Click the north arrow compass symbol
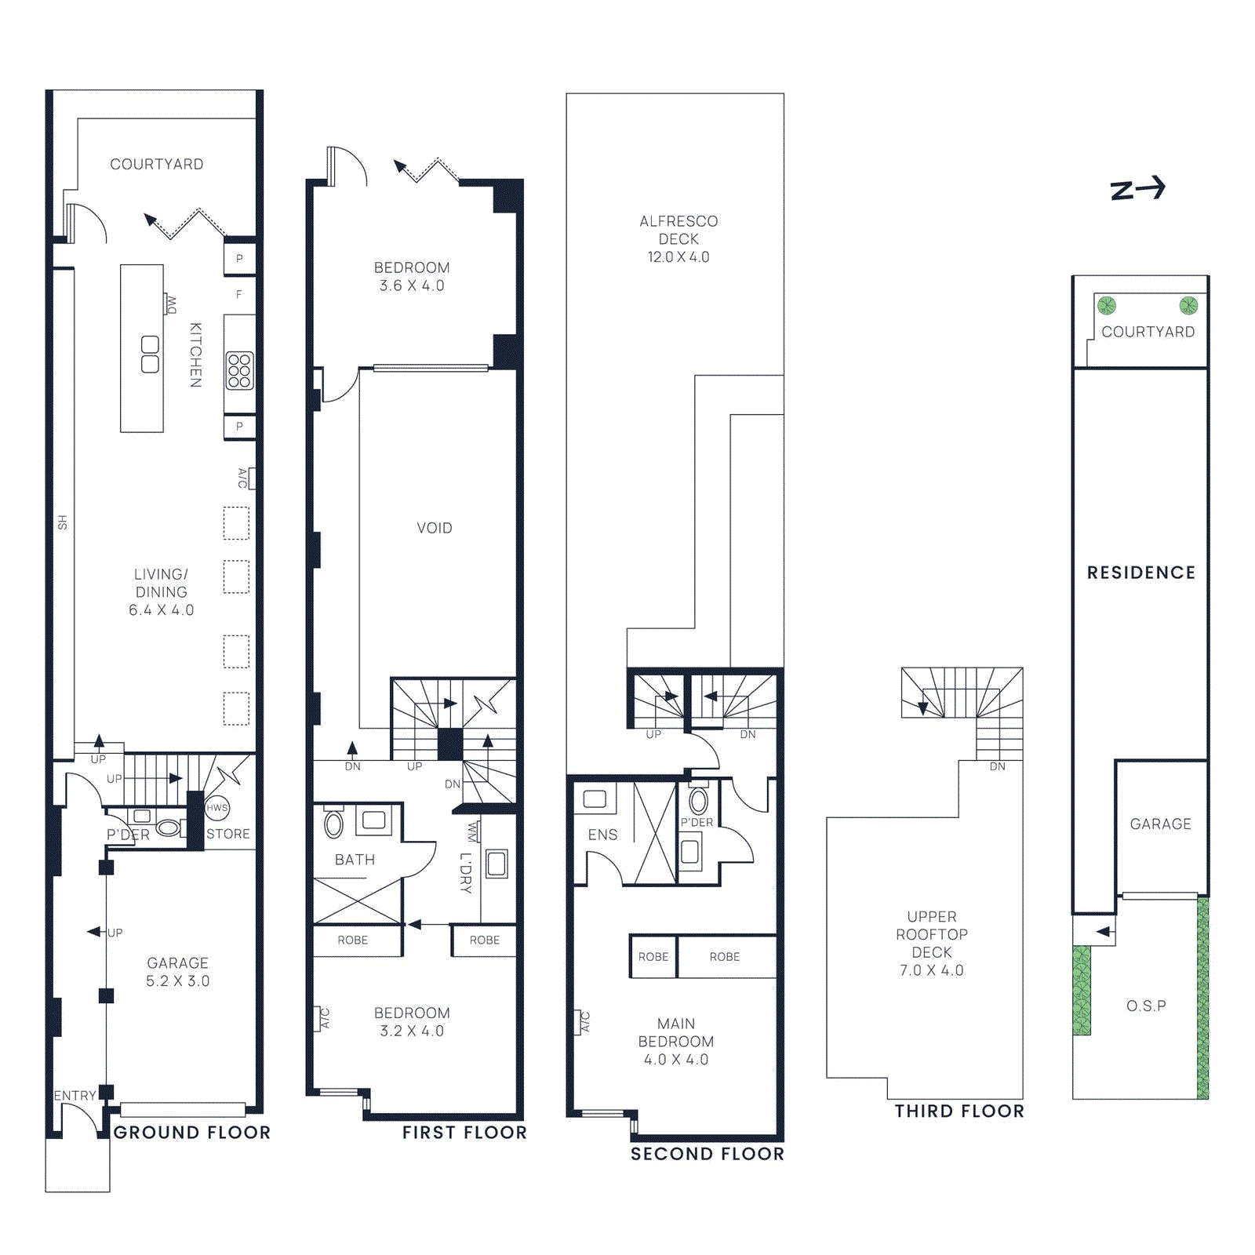(x=1137, y=189)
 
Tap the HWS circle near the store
(x=217, y=807)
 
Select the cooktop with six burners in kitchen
(x=239, y=370)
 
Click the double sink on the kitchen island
(x=150, y=355)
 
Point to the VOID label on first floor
(x=435, y=528)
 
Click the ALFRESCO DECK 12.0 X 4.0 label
(x=678, y=239)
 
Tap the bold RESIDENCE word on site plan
(x=1141, y=573)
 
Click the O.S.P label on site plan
(x=1146, y=1006)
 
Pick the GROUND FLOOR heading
(x=192, y=1133)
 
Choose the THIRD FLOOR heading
(x=959, y=1111)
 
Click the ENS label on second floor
(x=602, y=835)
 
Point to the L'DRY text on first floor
(x=466, y=872)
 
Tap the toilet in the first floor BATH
(x=334, y=824)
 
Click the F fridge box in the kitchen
(x=239, y=295)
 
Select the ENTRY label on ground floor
(x=75, y=1095)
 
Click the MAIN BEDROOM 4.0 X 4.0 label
(x=676, y=1042)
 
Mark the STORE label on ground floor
(x=228, y=834)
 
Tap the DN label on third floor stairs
(x=997, y=766)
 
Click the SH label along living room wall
(x=63, y=522)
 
